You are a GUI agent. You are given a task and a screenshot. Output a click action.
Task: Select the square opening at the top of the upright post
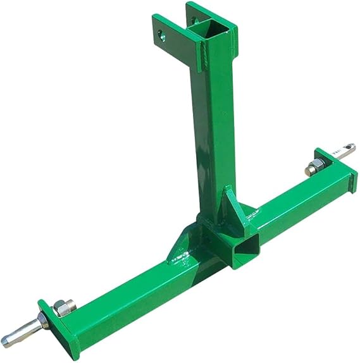pos(211,28)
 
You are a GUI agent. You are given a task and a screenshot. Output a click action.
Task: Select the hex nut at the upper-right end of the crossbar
pos(314,168)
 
